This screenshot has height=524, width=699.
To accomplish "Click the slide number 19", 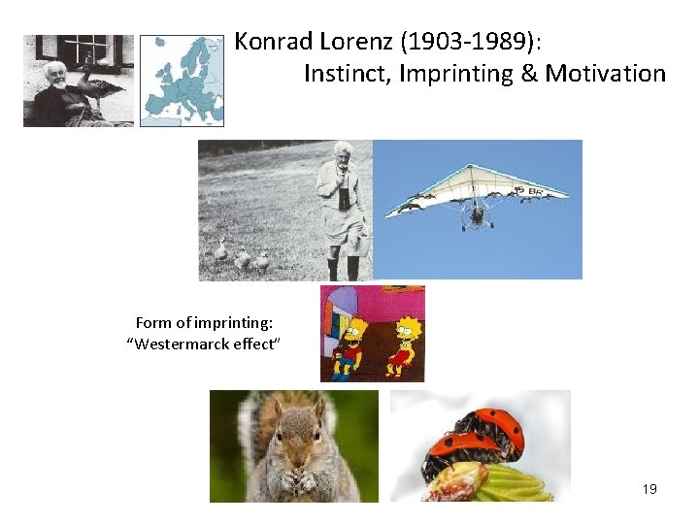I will click(x=649, y=489).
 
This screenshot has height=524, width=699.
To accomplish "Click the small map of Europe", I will click(x=182, y=81).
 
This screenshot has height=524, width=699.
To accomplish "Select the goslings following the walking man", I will click(x=242, y=258).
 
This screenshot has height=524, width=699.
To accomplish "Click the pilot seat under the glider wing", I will click(x=477, y=219).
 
